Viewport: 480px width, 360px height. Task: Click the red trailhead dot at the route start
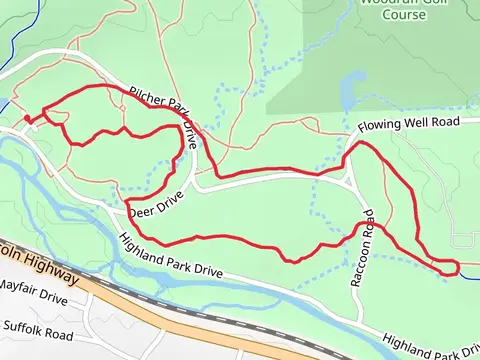pyautogui.click(x=27, y=120)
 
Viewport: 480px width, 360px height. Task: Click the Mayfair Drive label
pyautogui.click(x=33, y=292)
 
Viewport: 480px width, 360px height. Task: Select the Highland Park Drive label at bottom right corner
pyautogui.click(x=430, y=345)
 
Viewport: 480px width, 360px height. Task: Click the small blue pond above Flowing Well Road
pyautogui.click(x=346, y=96)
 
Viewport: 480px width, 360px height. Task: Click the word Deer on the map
pyautogui.click(x=141, y=211)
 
